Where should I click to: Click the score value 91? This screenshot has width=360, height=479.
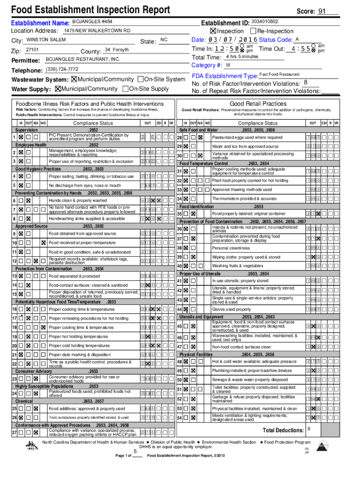pos(322,11)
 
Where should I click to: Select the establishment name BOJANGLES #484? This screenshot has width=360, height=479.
pos(92,22)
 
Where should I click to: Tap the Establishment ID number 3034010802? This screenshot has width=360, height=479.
pos(264,22)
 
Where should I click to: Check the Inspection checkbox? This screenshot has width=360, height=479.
pos(213,31)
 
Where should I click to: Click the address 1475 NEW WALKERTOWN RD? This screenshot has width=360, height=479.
pos(97,30)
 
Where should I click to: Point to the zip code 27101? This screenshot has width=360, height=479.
pos(32,50)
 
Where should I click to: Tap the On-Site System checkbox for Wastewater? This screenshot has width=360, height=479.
pos(141,80)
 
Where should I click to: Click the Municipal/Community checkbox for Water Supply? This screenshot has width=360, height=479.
pos(58,89)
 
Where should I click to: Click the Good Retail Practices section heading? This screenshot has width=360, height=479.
pos(258,103)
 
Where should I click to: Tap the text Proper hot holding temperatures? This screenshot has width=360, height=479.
pos(79,337)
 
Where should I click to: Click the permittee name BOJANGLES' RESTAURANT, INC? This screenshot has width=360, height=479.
pos(83,59)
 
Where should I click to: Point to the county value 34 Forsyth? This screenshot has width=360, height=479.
pos(116,50)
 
